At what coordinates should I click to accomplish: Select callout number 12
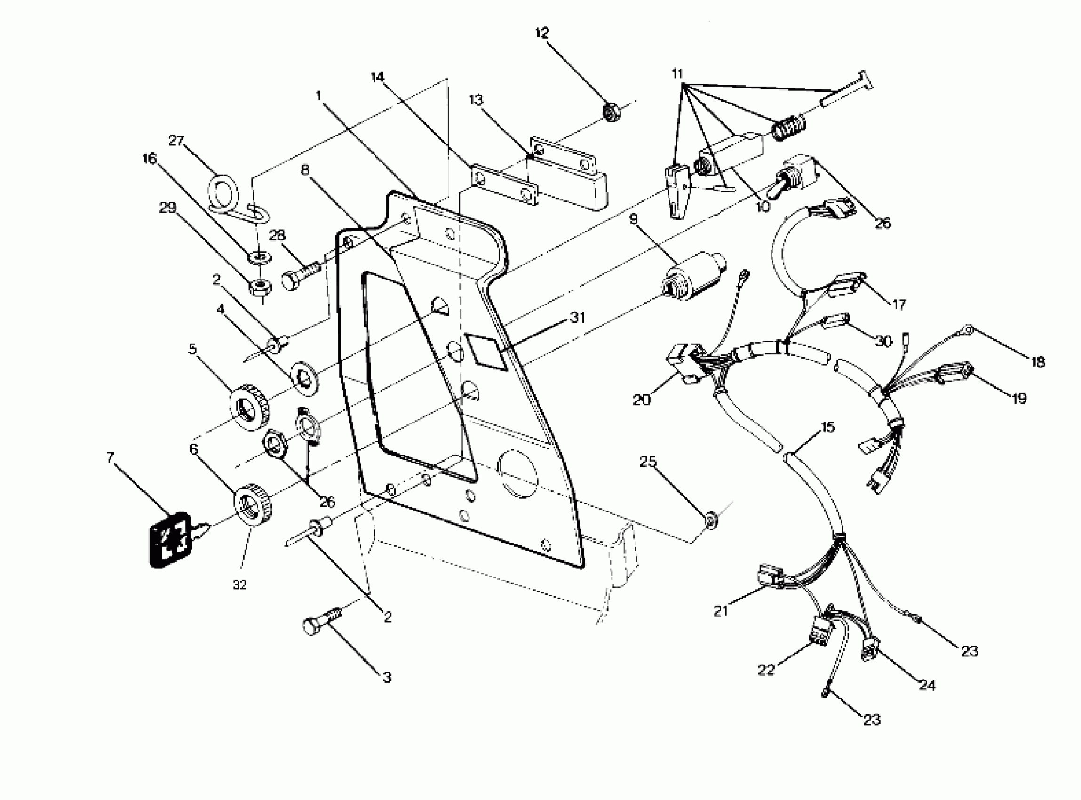542,33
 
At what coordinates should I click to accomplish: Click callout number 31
577,318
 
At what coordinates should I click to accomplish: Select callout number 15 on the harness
827,427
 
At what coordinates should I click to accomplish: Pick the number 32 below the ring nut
239,584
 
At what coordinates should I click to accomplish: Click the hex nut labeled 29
261,287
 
